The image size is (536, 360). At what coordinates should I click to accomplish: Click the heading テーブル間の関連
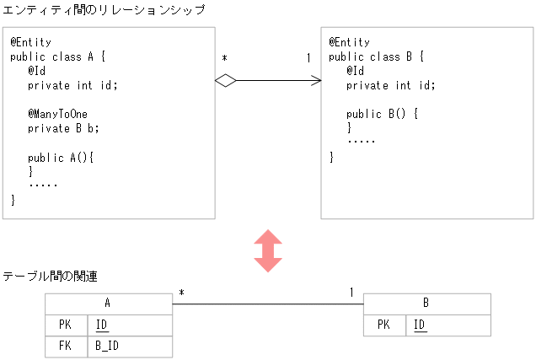(51, 277)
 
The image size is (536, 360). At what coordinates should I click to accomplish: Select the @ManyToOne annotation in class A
(57, 114)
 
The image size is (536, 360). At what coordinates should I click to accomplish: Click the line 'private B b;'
(63, 128)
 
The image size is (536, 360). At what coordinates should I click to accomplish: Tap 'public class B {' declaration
(376, 56)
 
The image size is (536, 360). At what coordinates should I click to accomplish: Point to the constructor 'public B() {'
(383, 114)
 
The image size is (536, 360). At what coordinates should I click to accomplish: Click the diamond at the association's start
(225, 81)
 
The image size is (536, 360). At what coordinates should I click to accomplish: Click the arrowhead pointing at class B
(317, 81)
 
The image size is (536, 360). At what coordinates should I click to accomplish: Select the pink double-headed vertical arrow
(268, 250)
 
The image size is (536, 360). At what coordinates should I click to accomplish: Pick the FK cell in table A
(66, 347)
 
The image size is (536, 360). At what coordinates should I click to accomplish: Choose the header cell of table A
(108, 304)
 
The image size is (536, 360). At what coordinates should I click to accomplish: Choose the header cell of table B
(426, 304)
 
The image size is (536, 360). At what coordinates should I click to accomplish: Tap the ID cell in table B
(419, 325)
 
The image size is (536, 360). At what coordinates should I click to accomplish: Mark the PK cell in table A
(66, 325)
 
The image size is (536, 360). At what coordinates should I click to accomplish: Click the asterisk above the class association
(224, 58)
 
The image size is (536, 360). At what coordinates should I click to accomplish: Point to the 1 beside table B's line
(351, 293)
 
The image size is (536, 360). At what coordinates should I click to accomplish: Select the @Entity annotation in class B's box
(349, 42)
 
